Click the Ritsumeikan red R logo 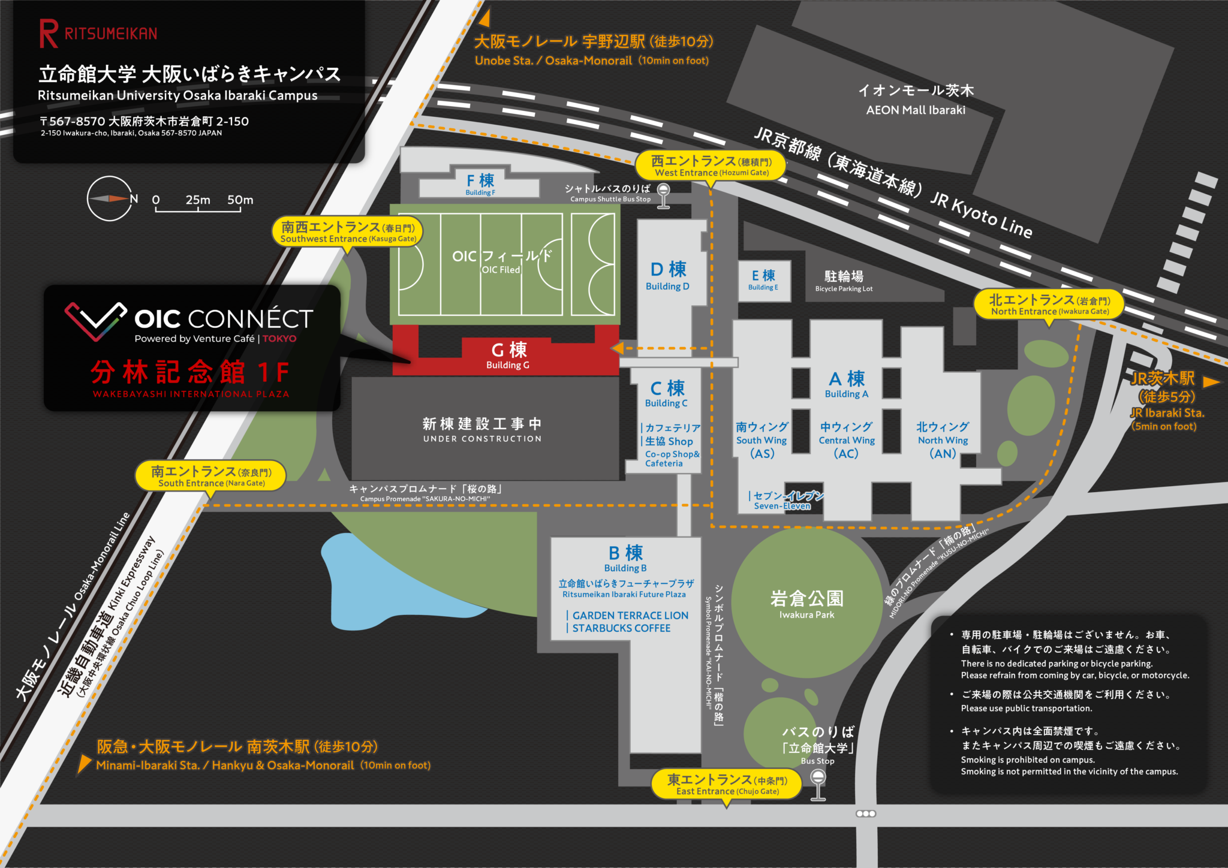[x=49, y=34]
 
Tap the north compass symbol [x=109, y=198]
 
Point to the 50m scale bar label [x=240, y=200]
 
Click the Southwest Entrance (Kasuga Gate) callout [x=348, y=232]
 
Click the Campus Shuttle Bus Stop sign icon [x=663, y=195]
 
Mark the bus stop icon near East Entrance [x=818, y=784]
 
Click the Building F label [x=480, y=184]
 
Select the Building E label [x=763, y=279]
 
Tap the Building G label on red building [x=508, y=355]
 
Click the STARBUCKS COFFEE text [x=621, y=628]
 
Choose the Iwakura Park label [x=806, y=603]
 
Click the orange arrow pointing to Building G [x=618, y=348]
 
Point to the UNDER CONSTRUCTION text [x=482, y=439]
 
